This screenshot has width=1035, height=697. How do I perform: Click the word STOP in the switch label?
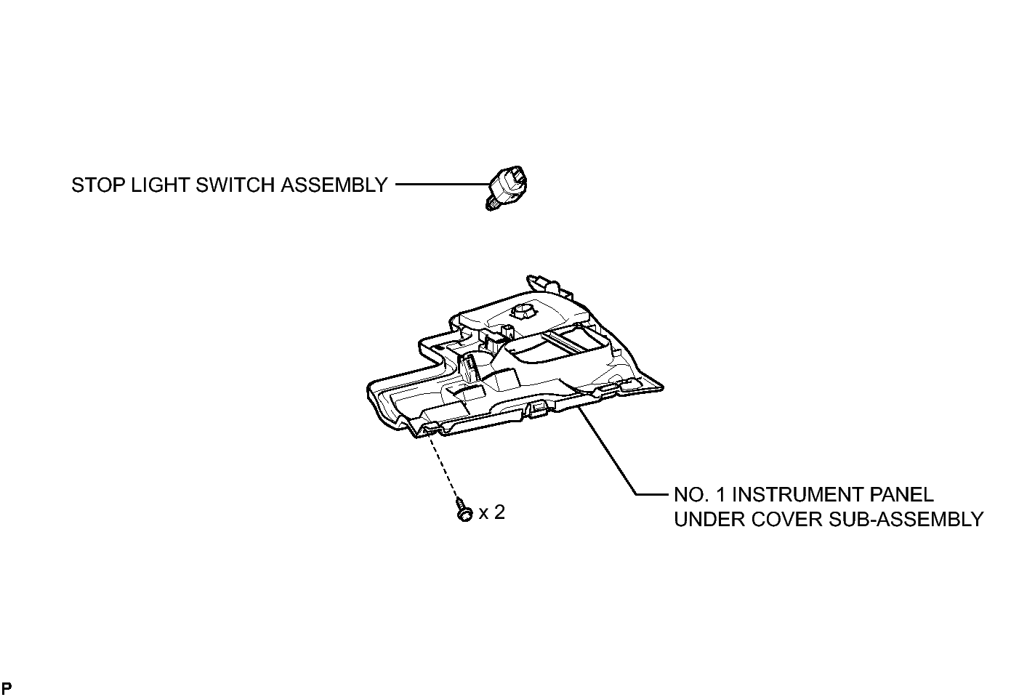pos(98,185)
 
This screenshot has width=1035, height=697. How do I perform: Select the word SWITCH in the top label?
pos(235,185)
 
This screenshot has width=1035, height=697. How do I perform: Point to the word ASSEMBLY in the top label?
pos(334,185)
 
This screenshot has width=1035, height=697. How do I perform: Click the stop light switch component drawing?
pos(507,188)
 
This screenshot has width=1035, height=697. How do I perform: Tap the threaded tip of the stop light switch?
pos(490,205)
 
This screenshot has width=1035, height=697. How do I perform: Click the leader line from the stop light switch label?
pos(443,185)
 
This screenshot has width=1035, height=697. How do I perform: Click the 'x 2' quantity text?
pos(491,512)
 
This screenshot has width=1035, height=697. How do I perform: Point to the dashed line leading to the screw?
pos(445,466)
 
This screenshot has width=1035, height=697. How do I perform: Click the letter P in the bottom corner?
pos(7,688)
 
